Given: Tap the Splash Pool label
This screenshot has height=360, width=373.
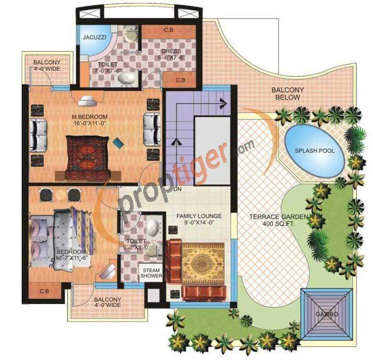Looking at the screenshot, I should coord(315,151).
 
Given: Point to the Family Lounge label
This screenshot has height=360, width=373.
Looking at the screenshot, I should coord(199,219).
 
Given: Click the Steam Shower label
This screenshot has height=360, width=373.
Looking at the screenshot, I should coord(151,273).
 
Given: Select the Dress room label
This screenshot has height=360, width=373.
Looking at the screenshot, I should coord(171,54).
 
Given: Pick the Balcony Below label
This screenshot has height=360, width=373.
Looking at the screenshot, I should coord(288,94).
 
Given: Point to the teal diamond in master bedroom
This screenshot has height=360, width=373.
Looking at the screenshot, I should coord(117,142).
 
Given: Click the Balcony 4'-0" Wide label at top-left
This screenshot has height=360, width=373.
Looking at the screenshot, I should coord(47,64).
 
